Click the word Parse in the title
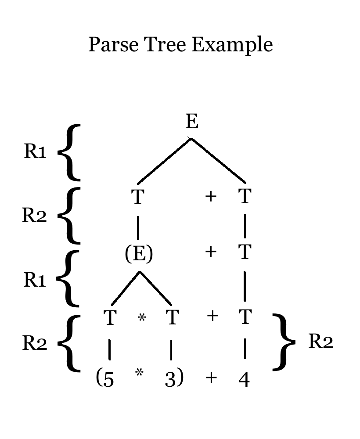110,45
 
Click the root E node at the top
192,121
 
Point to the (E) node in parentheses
139,254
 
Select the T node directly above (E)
138,197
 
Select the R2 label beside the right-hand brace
320,342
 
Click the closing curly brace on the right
284,342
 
